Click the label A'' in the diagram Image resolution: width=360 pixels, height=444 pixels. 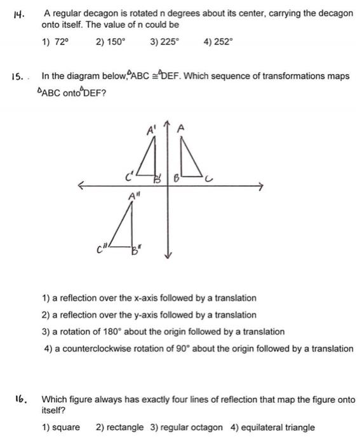click(x=134, y=196)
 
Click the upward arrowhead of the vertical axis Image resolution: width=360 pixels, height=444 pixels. click(x=168, y=124)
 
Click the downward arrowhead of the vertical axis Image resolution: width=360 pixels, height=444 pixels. click(x=168, y=256)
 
